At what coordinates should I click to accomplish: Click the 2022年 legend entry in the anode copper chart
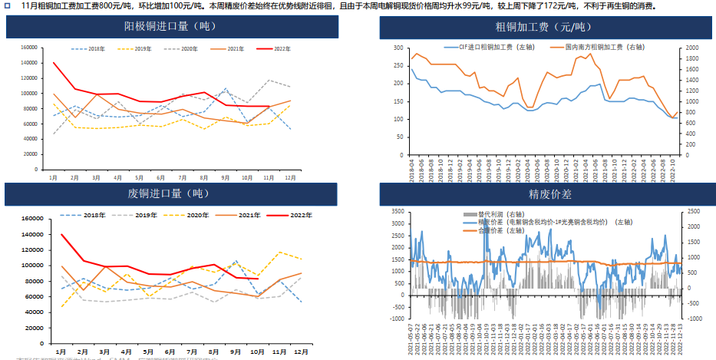point(277,48)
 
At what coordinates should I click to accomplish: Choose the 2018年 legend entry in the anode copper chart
point(93,48)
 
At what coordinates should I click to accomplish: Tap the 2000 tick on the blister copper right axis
point(693,48)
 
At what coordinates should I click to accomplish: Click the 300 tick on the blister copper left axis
point(398,48)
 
